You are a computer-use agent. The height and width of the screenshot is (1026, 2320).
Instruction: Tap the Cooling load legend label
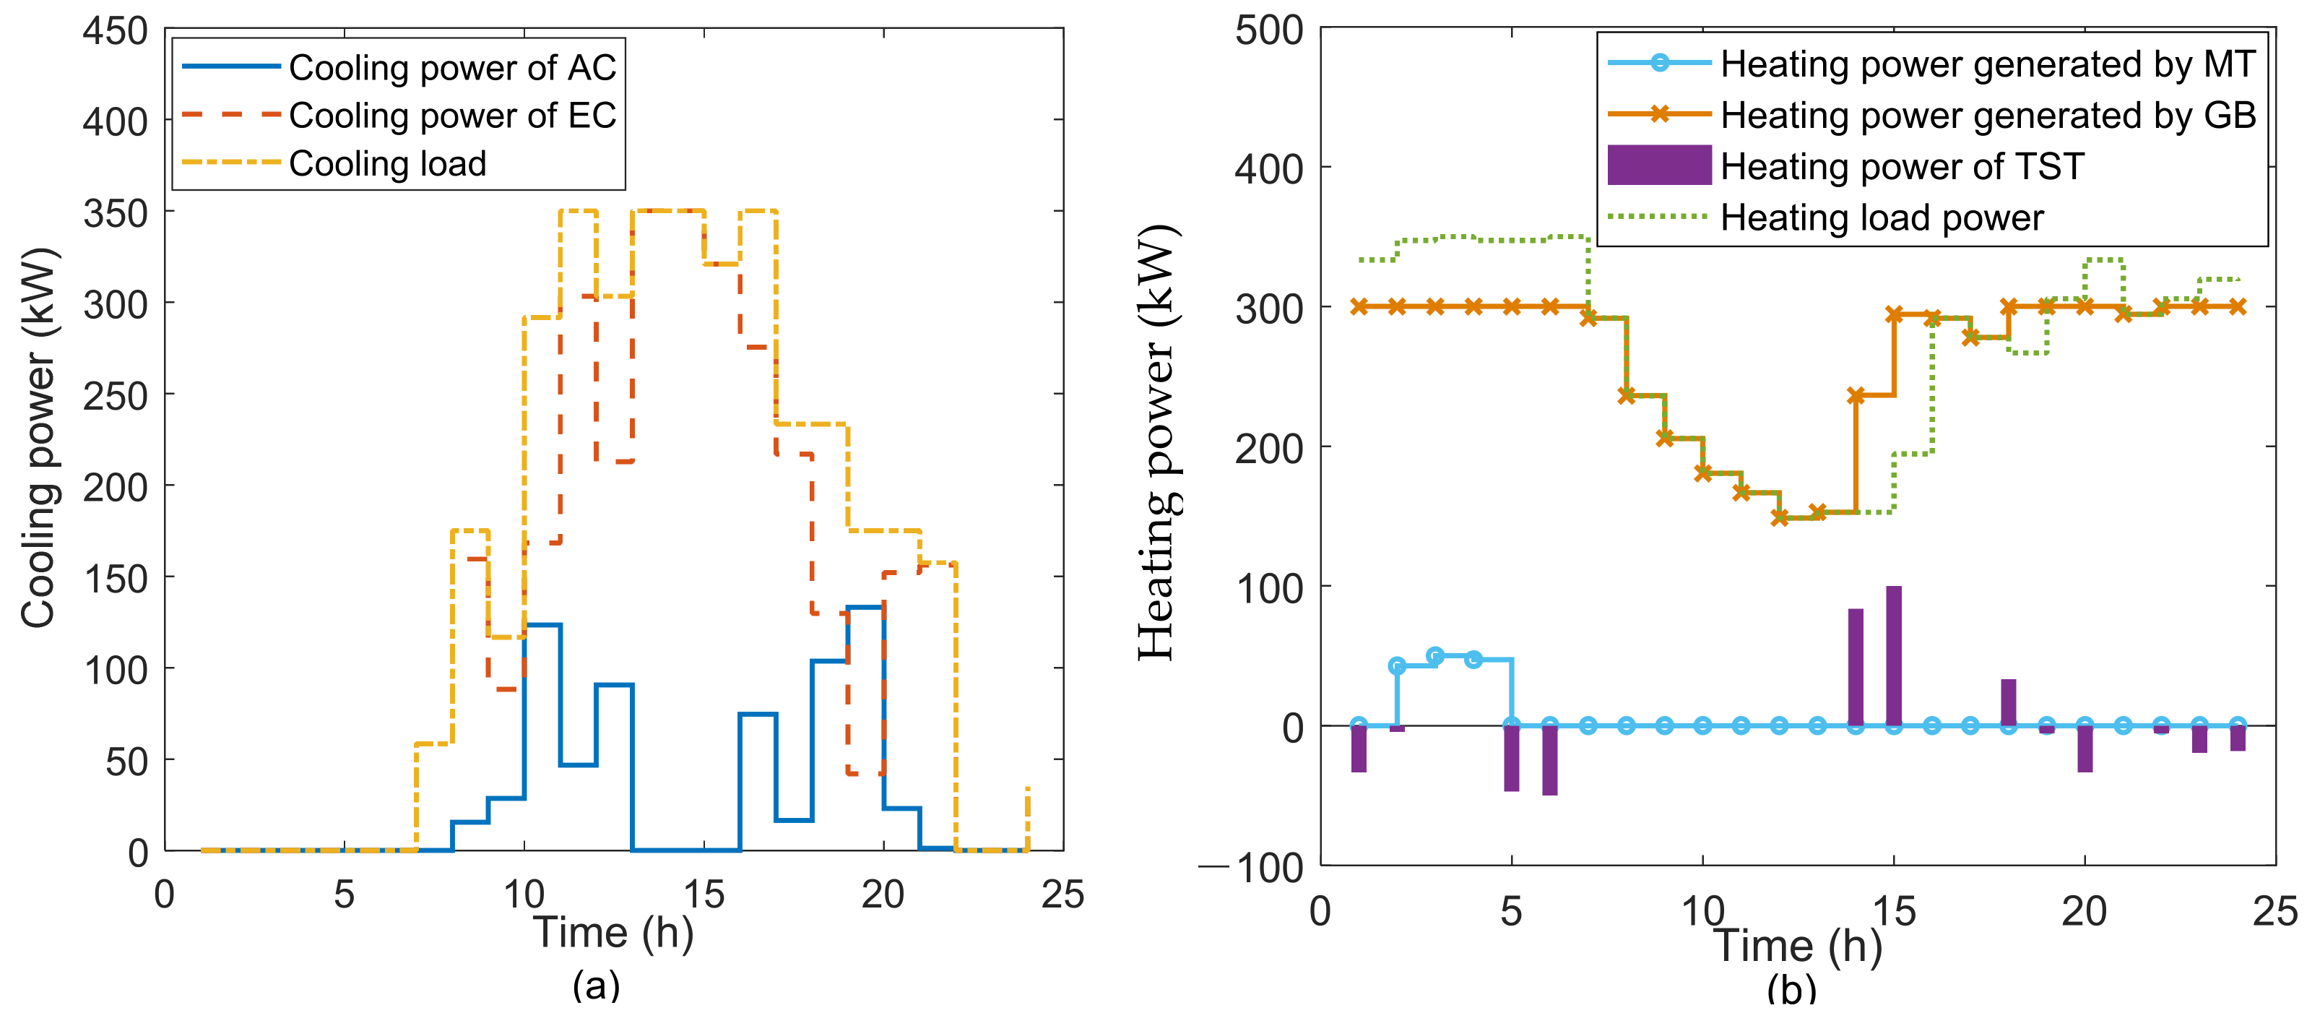click(387, 164)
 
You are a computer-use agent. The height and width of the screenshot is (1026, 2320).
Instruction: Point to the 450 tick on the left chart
click(116, 32)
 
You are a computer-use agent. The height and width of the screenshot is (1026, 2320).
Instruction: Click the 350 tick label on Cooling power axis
click(116, 215)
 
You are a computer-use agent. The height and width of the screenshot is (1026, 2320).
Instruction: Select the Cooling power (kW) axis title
click(40, 438)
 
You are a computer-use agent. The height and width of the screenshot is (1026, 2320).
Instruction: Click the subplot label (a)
click(596, 985)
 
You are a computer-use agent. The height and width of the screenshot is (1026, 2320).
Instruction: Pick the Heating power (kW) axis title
click(1157, 443)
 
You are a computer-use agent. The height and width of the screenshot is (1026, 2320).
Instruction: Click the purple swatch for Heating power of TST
click(1659, 165)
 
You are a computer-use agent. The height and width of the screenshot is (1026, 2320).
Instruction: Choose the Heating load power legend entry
click(1882, 218)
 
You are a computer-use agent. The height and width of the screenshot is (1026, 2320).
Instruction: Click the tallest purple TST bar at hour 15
click(1893, 656)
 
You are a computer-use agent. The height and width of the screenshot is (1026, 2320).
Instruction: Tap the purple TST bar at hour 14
click(1856, 668)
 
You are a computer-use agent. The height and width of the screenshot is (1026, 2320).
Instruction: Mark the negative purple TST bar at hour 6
click(1550, 761)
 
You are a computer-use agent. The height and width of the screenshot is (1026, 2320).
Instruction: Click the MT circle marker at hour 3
click(1436, 656)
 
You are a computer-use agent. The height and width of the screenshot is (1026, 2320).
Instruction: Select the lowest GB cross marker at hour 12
click(1780, 517)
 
